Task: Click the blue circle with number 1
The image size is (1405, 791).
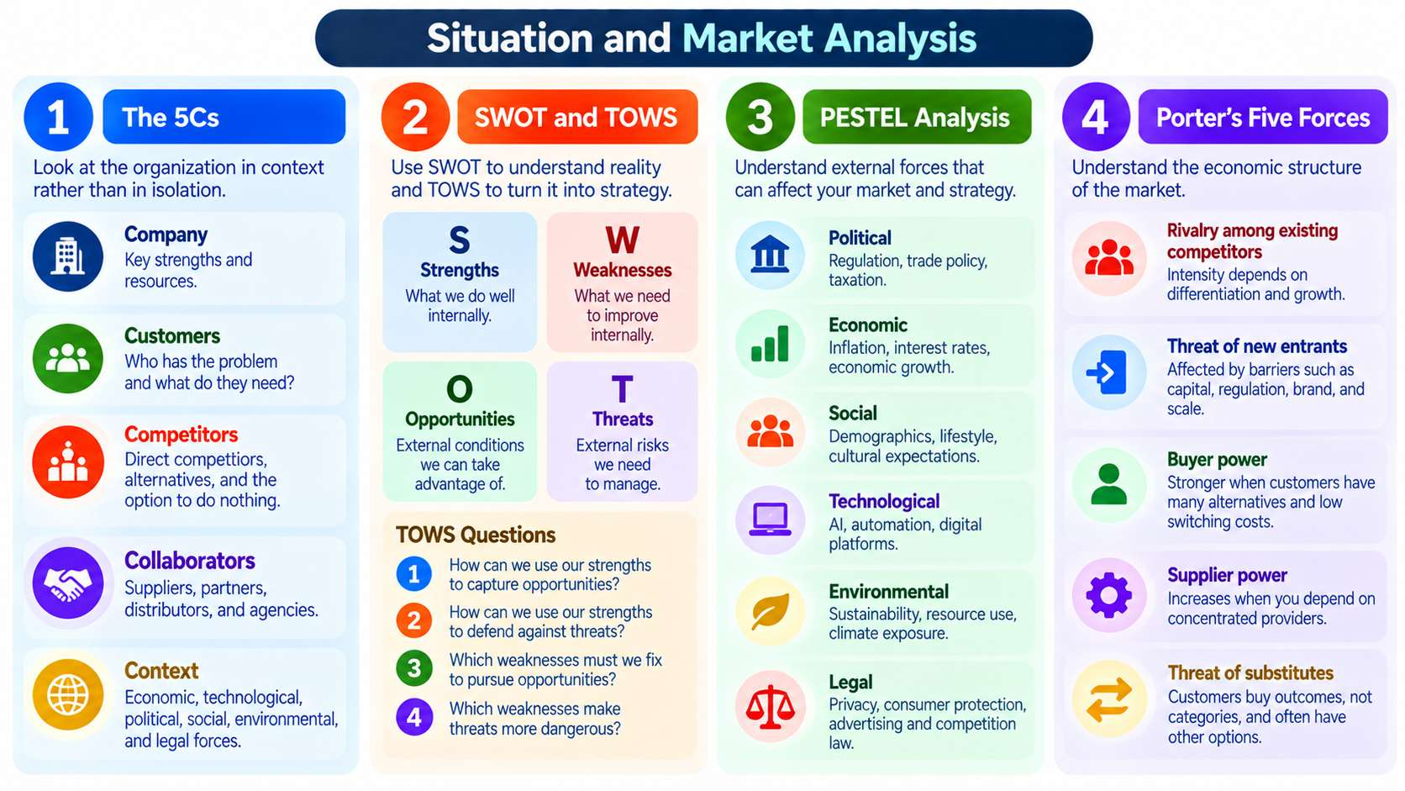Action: point(58,117)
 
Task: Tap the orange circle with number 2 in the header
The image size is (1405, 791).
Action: point(415,117)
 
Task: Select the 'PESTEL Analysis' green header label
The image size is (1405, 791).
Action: point(917,117)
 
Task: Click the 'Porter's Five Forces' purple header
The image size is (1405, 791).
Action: point(1263,117)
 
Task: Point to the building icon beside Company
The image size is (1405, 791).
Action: point(68,256)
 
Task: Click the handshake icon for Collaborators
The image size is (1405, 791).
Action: point(68,583)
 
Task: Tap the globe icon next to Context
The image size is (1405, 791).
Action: point(68,695)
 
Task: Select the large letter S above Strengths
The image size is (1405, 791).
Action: point(459,239)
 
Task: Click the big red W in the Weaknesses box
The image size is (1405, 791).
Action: point(622,239)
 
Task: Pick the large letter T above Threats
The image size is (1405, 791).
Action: point(622,388)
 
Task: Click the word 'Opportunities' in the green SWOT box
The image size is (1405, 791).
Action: point(460,419)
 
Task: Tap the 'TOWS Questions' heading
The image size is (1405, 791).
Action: point(476,535)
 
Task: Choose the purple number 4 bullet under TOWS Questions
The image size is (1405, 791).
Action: point(414,717)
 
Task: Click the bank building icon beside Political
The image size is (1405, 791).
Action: point(770,255)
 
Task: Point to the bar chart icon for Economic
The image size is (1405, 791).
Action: point(770,344)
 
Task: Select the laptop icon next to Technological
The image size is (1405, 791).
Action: point(770,519)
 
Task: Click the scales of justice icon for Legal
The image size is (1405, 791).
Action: point(771,706)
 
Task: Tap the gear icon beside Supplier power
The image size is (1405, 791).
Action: point(1109,594)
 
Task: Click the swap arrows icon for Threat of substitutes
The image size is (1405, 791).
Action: point(1109,699)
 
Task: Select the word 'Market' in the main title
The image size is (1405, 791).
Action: point(748,38)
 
